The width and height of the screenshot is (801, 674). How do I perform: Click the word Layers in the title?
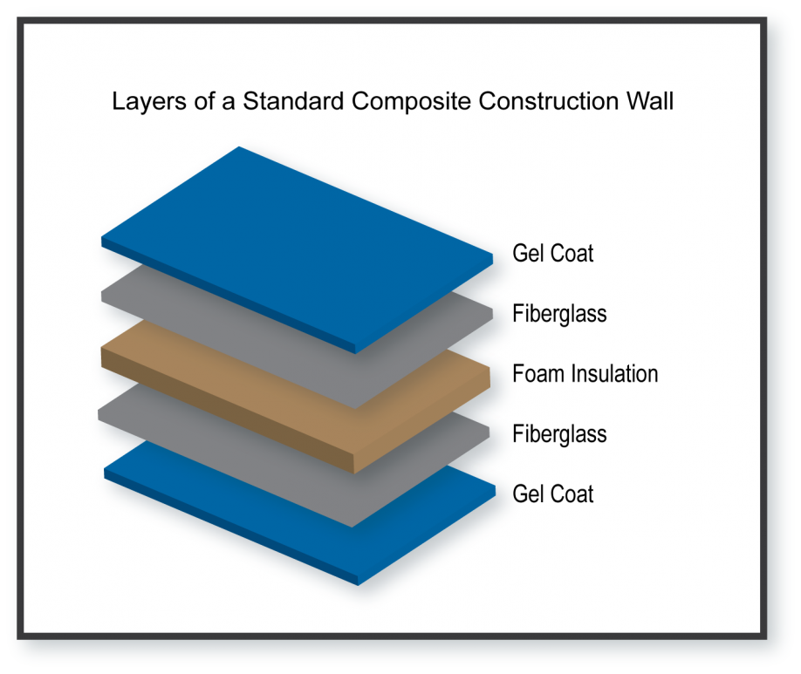(149, 102)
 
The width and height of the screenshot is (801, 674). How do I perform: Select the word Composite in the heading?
(411, 102)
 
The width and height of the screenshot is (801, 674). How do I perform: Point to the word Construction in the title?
(548, 100)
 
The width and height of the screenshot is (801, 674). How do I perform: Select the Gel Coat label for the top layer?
(552, 253)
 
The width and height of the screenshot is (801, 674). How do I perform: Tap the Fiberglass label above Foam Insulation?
(559, 314)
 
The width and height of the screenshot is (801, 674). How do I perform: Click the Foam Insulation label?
(585, 374)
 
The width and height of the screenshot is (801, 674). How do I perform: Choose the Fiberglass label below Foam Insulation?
(559, 434)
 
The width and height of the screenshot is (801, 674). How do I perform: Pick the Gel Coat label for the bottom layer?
(552, 494)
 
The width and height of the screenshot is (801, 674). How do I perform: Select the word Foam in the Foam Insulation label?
(538, 374)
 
